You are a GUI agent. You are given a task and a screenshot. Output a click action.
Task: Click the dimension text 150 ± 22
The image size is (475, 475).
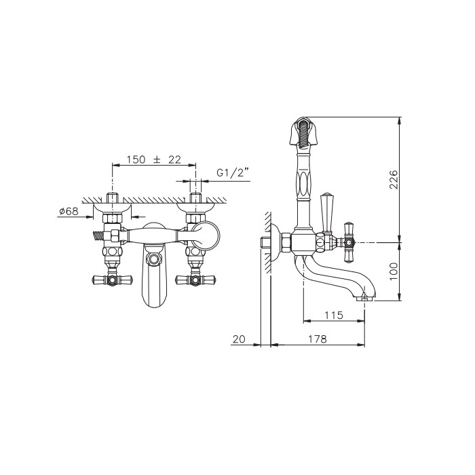153,159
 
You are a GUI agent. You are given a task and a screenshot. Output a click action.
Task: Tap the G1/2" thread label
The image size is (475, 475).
233,173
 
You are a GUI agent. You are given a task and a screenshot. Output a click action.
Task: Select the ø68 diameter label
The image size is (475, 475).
69,211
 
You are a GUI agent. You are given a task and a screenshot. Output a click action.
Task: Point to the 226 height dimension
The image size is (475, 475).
393,179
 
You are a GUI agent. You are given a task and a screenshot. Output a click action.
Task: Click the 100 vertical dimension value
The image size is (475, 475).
393,271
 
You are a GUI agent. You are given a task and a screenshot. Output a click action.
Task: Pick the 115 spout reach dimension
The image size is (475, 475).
334,316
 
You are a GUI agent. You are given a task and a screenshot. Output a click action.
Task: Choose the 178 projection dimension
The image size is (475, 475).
318,339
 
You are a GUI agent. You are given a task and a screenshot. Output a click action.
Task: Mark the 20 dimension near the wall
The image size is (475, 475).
239,339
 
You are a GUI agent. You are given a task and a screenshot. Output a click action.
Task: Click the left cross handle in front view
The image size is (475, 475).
113,279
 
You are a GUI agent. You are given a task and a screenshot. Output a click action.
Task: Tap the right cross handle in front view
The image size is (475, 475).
195,279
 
